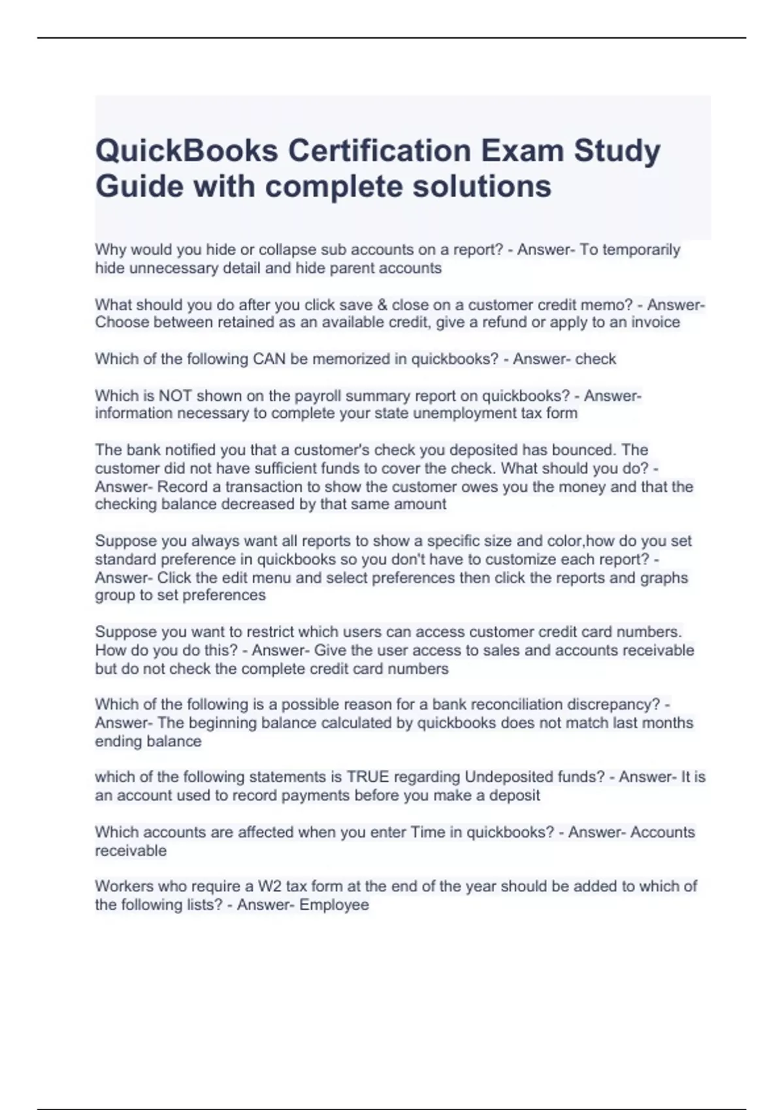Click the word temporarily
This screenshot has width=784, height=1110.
[630, 249]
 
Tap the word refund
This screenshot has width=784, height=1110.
[504, 323]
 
